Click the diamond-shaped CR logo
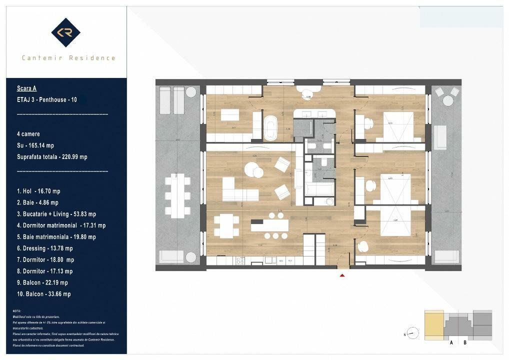coord(65,32)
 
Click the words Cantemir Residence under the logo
coord(68,58)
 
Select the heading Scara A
coord(26,88)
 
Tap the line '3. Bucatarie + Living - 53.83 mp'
coord(56,214)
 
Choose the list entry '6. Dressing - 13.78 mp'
coord(44,248)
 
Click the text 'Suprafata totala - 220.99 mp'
coord(52,157)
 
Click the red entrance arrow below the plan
coord(342,274)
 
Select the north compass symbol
coord(412,332)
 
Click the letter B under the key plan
coord(465,342)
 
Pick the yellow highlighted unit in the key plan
coord(434,324)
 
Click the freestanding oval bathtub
coord(270,128)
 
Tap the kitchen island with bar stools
coord(270,225)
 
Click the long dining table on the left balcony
coord(177,194)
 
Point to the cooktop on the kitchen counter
coord(240,260)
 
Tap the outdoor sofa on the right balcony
coord(440,137)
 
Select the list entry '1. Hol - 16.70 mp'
coord(38,191)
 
